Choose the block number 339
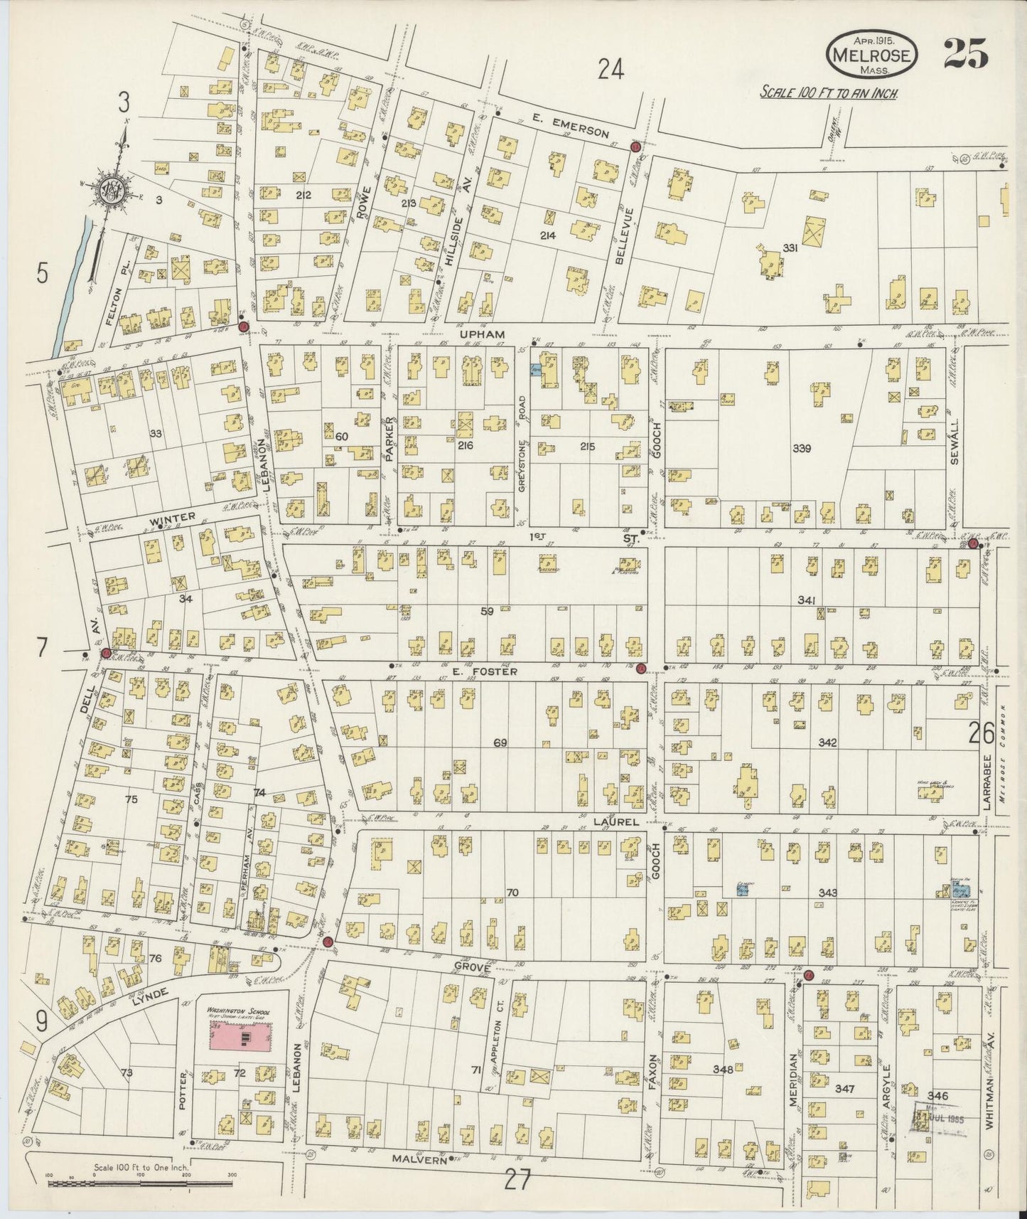(x=802, y=449)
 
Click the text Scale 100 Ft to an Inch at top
(x=828, y=92)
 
